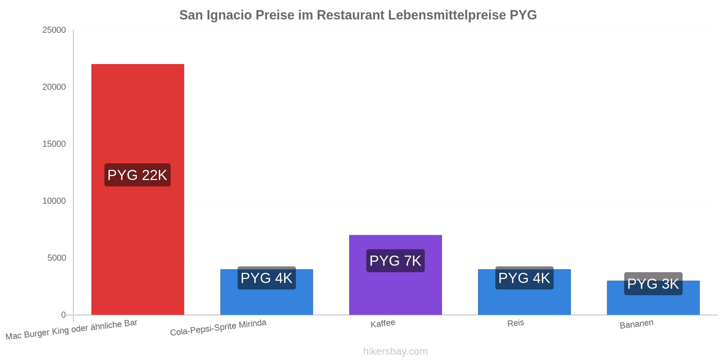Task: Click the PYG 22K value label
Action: pos(138,175)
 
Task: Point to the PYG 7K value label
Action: pos(396,261)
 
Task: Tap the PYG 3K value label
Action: pos(653,284)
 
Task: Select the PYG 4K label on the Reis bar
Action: pos(524,278)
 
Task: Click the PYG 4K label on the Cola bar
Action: pos(266,278)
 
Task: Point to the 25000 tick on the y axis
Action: pos(54,30)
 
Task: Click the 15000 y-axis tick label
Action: pos(54,144)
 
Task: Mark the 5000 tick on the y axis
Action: pos(57,258)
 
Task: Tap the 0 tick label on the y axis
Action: pos(63,315)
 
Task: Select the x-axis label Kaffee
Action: pos(383,324)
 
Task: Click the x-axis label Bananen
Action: pos(636,324)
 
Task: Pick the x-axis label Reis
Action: pos(516,323)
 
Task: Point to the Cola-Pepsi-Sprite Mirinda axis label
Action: pos(218,328)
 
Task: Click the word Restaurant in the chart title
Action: pos(351,15)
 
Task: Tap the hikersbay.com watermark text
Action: pos(396,351)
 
